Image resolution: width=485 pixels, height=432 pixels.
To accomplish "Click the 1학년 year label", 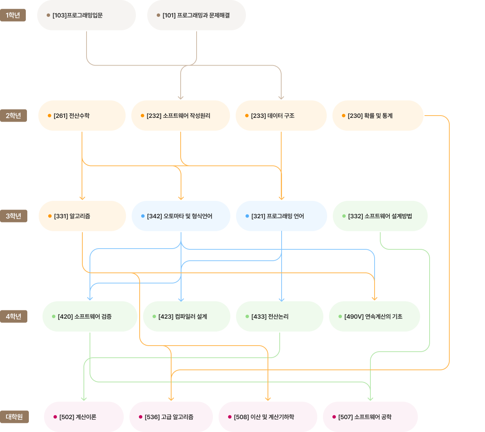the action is [13, 15].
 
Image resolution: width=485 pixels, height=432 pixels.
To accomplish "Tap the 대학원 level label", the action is [14, 417].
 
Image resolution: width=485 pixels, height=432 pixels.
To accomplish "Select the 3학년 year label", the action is [14, 216].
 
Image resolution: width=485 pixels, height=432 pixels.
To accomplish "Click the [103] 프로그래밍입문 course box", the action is [87, 15].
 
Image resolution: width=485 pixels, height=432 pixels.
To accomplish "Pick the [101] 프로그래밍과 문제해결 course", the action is [197, 15].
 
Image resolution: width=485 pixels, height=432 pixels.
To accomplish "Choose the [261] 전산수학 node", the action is [82, 116].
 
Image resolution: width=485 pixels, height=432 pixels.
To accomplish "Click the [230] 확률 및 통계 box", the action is [378, 116].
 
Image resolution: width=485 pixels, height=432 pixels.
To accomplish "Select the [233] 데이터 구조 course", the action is [281, 116].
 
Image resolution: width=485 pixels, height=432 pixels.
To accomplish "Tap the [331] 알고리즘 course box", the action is [82, 216].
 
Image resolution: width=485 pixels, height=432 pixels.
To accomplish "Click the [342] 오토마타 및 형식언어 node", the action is [181, 216].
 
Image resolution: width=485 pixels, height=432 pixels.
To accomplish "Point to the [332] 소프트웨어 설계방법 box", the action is [380, 216].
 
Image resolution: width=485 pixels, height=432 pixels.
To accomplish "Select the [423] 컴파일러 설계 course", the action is [187, 316].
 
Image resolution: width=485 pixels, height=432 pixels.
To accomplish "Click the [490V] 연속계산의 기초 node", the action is [375, 316].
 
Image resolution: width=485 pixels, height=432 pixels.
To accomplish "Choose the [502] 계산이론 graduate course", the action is [84, 417].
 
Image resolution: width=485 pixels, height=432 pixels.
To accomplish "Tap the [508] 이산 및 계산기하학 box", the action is [268, 417].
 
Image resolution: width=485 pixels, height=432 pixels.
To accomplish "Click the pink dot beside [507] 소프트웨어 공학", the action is [334, 417].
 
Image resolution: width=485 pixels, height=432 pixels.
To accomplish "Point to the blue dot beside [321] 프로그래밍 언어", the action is [247, 216].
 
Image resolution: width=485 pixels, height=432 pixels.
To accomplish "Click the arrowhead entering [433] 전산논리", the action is [282, 300].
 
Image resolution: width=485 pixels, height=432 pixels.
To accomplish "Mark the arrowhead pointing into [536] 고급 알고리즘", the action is [171, 399].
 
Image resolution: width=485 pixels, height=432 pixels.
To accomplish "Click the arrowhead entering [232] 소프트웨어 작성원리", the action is [181, 98].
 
